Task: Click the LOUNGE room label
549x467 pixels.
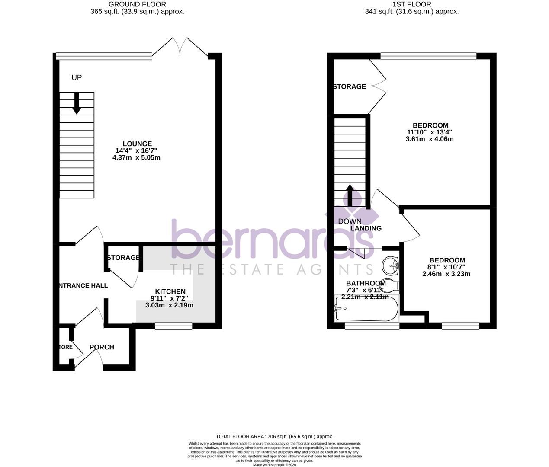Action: (x=137, y=144)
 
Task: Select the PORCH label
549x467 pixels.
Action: (x=102, y=347)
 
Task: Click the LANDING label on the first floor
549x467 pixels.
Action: (x=366, y=228)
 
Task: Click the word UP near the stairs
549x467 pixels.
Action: (x=77, y=78)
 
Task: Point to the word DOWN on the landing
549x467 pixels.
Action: (x=350, y=221)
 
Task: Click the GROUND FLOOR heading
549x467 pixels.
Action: (x=137, y=4)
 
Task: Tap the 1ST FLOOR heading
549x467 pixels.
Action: (x=411, y=4)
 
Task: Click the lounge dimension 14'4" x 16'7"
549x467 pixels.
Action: (x=136, y=151)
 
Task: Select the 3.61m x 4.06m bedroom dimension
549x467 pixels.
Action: (x=430, y=139)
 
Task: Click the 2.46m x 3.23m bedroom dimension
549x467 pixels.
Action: (x=446, y=274)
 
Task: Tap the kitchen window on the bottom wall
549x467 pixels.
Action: (x=173, y=326)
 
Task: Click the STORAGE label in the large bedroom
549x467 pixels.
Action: (x=350, y=86)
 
